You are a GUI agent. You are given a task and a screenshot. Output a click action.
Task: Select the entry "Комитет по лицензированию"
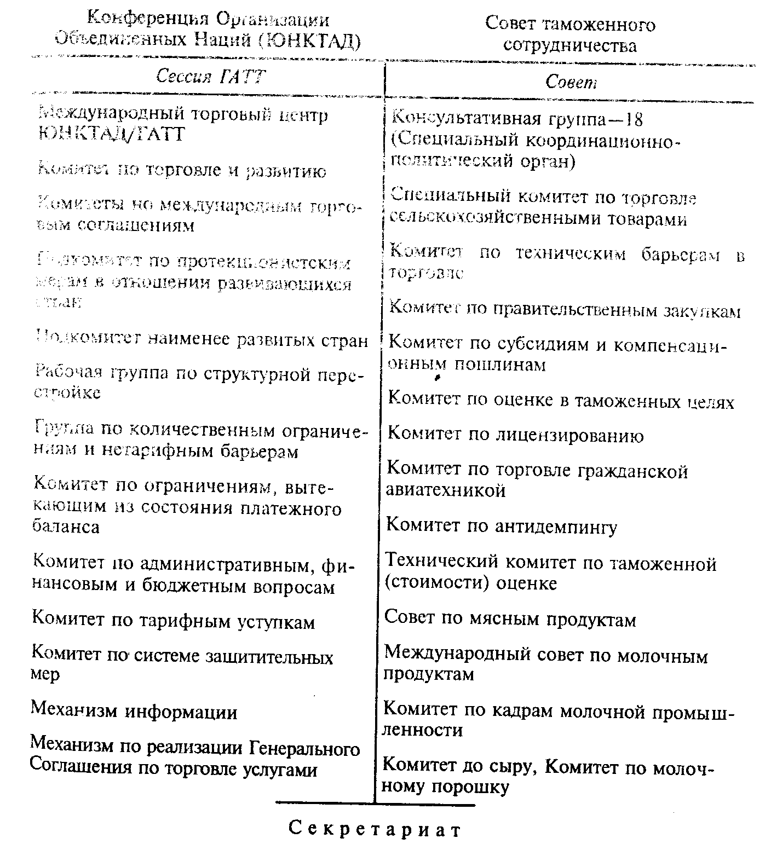pos(515,435)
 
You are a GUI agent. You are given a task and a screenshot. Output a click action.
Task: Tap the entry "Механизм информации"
pos(134,712)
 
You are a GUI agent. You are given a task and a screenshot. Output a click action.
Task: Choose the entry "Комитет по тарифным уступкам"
pos(174,621)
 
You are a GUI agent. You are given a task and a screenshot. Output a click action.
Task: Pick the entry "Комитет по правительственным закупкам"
pos(565,310)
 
